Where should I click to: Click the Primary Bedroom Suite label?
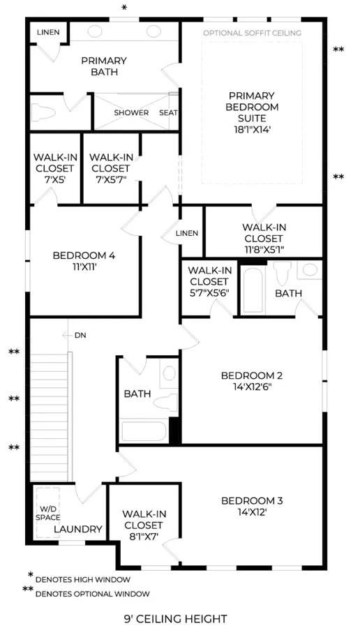click(252, 112)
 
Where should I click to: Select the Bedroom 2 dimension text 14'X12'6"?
click(252, 387)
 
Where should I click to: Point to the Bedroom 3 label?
click(252, 500)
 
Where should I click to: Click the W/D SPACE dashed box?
click(47, 512)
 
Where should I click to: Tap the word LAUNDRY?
click(78, 529)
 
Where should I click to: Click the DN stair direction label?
click(80, 335)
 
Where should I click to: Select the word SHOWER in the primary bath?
click(131, 112)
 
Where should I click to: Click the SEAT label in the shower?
click(168, 112)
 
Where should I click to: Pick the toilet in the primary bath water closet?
click(43, 112)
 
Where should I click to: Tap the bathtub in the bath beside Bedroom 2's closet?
click(253, 290)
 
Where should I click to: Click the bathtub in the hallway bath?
click(144, 431)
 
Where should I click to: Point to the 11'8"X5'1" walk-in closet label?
click(264, 239)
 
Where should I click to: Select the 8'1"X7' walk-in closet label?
click(144, 525)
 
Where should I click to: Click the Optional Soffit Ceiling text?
click(253, 33)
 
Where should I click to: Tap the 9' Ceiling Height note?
click(176, 619)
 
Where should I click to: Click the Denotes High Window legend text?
click(83, 579)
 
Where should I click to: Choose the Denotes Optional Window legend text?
click(93, 594)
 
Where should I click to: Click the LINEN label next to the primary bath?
click(48, 32)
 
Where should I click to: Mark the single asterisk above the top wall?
click(124, 8)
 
